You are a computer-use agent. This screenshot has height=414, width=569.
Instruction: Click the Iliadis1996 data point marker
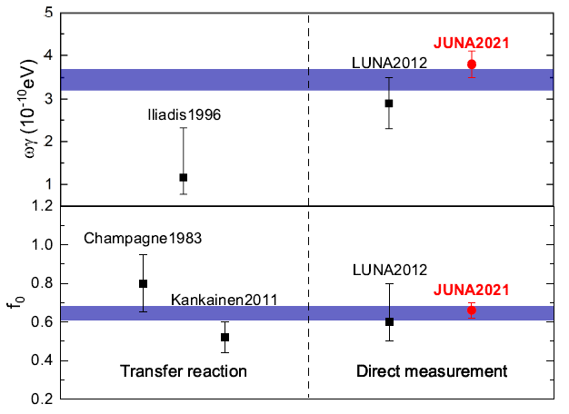tap(184, 177)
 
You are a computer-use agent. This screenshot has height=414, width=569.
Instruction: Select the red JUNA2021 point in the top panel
tap(472, 64)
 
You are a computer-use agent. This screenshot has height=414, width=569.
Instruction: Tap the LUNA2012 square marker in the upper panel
tap(389, 103)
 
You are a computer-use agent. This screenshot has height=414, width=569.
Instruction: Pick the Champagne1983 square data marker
tap(143, 283)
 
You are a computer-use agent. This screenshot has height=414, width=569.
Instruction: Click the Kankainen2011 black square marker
tap(225, 337)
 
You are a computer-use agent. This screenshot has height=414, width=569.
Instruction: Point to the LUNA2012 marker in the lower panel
tap(389, 321)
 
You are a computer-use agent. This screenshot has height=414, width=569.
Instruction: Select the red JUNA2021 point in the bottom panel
tap(472, 310)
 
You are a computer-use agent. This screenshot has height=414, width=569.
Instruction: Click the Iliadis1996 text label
tap(185, 115)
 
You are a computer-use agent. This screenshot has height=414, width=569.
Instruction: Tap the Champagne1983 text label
tap(143, 239)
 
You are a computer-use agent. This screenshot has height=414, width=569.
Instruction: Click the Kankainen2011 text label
tap(225, 300)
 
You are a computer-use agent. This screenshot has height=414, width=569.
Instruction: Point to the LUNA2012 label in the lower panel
tap(389, 270)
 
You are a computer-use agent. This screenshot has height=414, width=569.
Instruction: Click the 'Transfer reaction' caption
tap(184, 371)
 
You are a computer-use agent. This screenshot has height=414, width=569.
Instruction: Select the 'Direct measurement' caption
tap(431, 371)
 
